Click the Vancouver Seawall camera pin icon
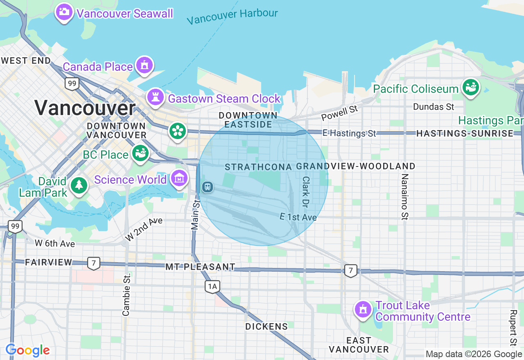pos(64,12)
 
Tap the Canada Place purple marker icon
pos(144,65)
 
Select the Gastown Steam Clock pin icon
pos(156,97)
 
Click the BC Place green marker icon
pos(140,153)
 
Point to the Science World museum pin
pos(179,178)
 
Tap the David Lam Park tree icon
pos(79,185)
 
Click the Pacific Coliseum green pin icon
pos(471,88)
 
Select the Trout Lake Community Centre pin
pos(363,310)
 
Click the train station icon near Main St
pos(208,187)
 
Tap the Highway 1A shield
pos(212,286)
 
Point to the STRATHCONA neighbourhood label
pos(258,167)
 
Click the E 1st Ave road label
pos(298,217)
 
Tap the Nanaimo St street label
pos(404,196)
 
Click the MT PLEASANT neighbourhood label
pos(201,267)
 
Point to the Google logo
pos(27,350)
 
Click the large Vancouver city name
pos(85,108)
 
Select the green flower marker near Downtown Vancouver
pos(178,131)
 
